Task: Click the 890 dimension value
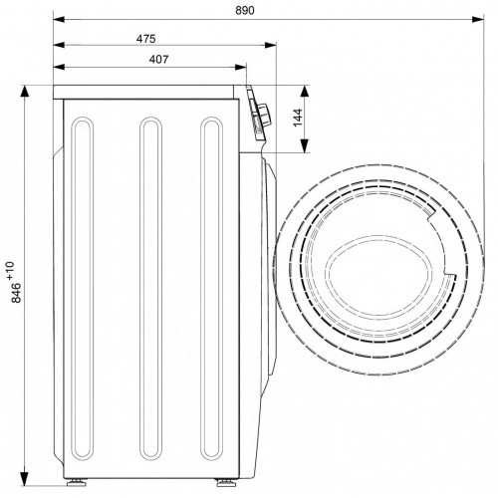[x=245, y=11]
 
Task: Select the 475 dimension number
[x=145, y=39]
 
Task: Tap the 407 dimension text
[x=158, y=60]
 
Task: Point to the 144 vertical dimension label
[x=298, y=118]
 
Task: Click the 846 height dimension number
[x=16, y=293]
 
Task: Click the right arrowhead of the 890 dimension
[x=478, y=20]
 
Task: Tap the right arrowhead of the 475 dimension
[x=270, y=45]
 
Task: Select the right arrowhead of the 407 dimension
[x=240, y=67]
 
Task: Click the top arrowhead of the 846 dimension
[x=25, y=92]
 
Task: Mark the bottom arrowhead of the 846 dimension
[x=25, y=479]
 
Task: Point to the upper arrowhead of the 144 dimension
[x=305, y=92]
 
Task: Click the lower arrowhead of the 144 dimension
[x=305, y=146]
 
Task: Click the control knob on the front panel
[x=263, y=115]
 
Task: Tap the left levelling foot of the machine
[x=77, y=482]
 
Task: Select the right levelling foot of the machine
[x=226, y=482]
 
